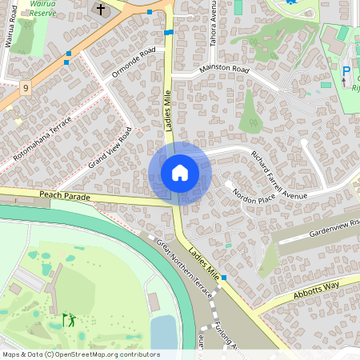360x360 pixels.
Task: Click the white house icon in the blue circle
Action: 180,173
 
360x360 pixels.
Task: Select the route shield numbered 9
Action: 26,87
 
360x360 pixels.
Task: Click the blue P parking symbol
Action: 346,72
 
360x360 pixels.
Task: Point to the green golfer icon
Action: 69,320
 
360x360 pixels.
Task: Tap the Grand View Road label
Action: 110,147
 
